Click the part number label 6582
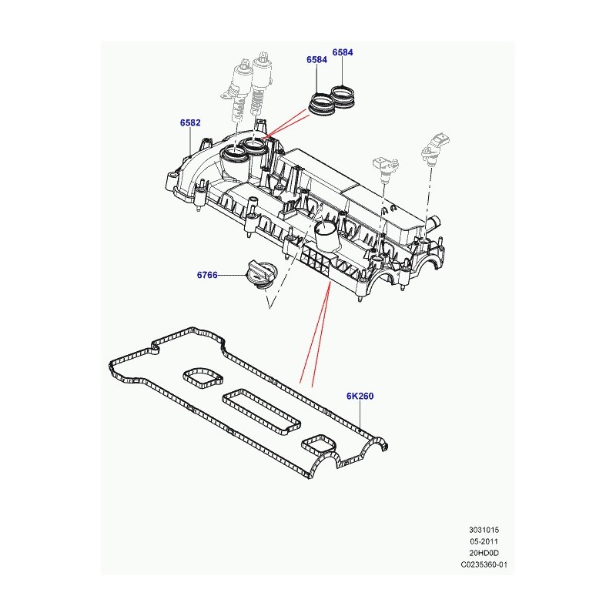(x=190, y=122)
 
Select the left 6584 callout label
(x=316, y=60)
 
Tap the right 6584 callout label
(x=343, y=52)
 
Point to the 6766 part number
(x=207, y=275)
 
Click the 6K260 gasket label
(x=360, y=396)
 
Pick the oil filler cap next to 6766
(x=262, y=276)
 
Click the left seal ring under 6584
(x=322, y=103)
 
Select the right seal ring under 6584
(x=344, y=95)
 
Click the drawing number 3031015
(x=484, y=530)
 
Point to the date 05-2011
(x=484, y=541)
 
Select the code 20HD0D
(x=484, y=553)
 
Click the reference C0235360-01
(x=484, y=564)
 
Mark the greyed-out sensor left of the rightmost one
(x=386, y=168)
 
